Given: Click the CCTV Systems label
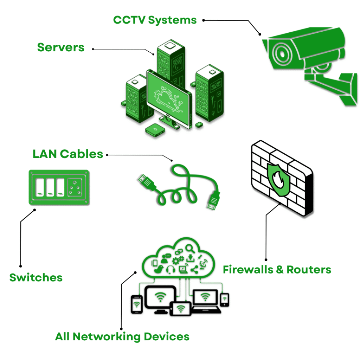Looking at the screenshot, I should [x=155, y=20].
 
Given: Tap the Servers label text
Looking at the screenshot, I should [x=61, y=47].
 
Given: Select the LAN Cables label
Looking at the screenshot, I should [x=68, y=154].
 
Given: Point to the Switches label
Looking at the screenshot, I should [x=36, y=277].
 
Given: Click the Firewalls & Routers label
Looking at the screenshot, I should [x=277, y=270].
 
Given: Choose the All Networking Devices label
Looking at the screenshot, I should [x=122, y=336].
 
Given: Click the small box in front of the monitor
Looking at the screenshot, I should [x=155, y=130].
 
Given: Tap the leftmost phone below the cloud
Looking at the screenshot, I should [x=136, y=304].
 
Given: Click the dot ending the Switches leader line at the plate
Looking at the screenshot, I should [x=35, y=210].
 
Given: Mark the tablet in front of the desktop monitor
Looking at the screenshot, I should [x=181, y=309].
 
